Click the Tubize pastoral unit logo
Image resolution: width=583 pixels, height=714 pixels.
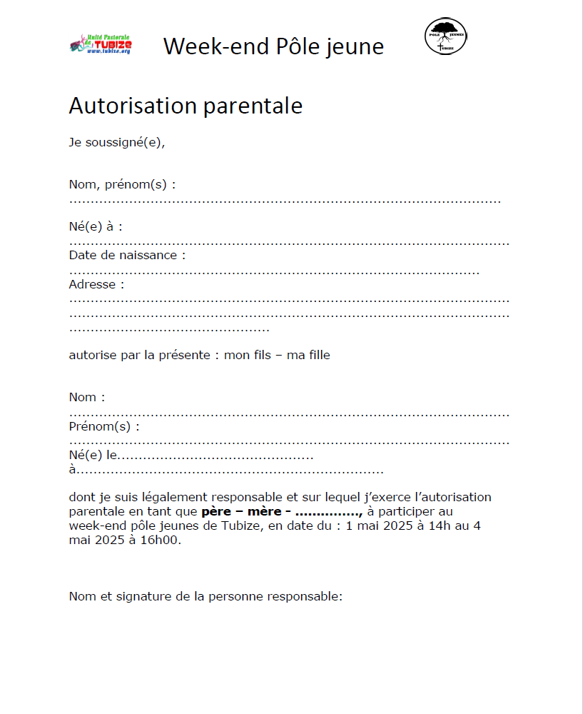101,44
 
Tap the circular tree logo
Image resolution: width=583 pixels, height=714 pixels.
446,36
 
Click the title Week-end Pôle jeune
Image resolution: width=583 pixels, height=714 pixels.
273,46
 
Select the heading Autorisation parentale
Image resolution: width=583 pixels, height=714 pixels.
186,106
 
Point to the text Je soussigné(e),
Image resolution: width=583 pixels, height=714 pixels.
117,141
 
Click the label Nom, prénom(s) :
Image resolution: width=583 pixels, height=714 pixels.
122,184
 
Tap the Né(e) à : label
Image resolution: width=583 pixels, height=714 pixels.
96,226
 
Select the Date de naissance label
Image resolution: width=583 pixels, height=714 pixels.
127,255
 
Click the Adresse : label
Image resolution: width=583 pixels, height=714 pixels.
96,284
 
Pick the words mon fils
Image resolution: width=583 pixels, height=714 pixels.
248,354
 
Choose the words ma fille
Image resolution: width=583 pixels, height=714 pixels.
308,354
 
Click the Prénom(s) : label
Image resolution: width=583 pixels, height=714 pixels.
104,426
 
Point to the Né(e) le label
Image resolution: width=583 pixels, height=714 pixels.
93,455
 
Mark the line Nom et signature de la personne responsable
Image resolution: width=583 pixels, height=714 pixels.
206,596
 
